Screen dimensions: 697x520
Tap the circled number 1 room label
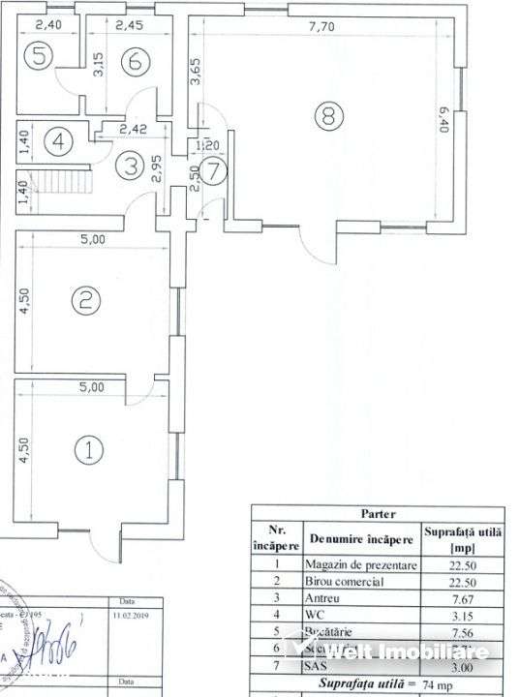coord(89,449)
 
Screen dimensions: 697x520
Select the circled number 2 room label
coord(86,300)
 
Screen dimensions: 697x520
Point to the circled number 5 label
coord(39,57)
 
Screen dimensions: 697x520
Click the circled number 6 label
coord(135,59)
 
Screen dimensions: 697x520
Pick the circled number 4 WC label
coord(59,142)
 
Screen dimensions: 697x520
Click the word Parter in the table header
coord(378,514)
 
